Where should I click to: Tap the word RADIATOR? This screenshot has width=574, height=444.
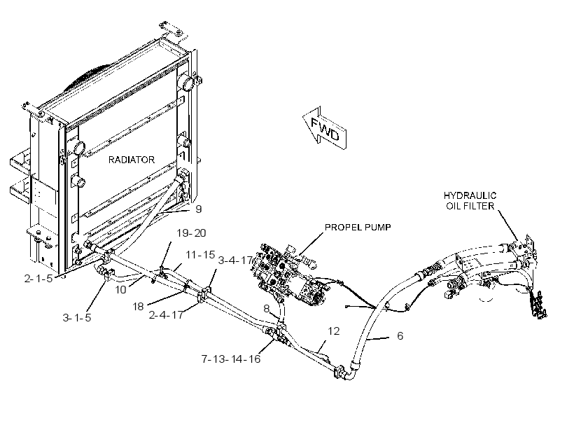(x=132, y=160)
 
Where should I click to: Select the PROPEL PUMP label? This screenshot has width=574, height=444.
(x=358, y=227)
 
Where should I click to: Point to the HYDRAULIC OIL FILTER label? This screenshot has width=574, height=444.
(x=470, y=201)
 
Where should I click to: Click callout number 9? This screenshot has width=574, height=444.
(x=198, y=209)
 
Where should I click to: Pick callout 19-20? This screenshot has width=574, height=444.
(x=191, y=233)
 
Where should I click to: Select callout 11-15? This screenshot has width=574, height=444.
(x=200, y=255)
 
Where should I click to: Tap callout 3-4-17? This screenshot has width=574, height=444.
(x=235, y=261)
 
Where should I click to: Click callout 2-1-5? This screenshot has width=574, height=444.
(x=38, y=279)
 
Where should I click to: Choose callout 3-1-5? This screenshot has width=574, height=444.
(x=77, y=317)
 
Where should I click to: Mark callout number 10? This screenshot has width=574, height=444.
(x=120, y=290)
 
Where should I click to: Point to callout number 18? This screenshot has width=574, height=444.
(x=138, y=306)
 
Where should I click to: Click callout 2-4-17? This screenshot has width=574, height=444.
(x=166, y=314)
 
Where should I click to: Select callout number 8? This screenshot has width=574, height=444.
(x=267, y=308)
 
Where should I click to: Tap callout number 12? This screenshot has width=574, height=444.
(x=333, y=331)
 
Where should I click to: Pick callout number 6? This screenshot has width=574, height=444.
(x=400, y=335)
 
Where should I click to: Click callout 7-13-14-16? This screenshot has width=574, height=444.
(x=231, y=359)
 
